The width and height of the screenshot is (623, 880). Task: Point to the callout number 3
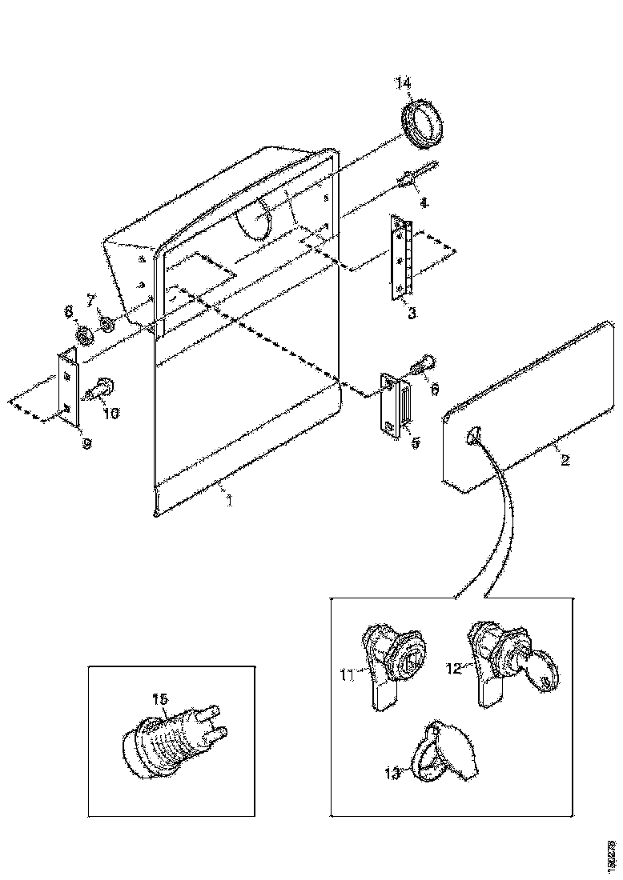[411, 313]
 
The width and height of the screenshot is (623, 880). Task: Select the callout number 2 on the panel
[565, 460]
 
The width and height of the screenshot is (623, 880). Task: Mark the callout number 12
[454, 668]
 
